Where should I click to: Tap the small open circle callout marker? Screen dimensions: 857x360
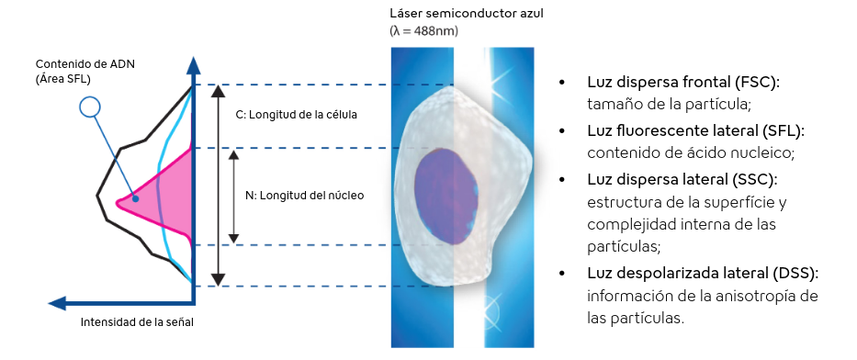point(89,107)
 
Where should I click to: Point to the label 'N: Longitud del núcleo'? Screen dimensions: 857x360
point(304,195)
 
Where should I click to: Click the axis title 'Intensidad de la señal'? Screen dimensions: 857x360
point(137,322)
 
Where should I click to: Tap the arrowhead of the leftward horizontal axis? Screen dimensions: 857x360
point(57,303)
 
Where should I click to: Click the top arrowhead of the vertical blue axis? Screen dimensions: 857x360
point(193,64)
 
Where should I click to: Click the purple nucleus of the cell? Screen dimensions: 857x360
point(446,195)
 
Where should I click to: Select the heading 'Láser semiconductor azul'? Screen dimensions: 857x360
point(467,14)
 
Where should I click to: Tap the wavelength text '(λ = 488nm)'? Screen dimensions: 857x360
point(424,31)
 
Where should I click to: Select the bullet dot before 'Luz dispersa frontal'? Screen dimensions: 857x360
point(561,83)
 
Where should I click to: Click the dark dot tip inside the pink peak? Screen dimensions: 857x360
point(135,199)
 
